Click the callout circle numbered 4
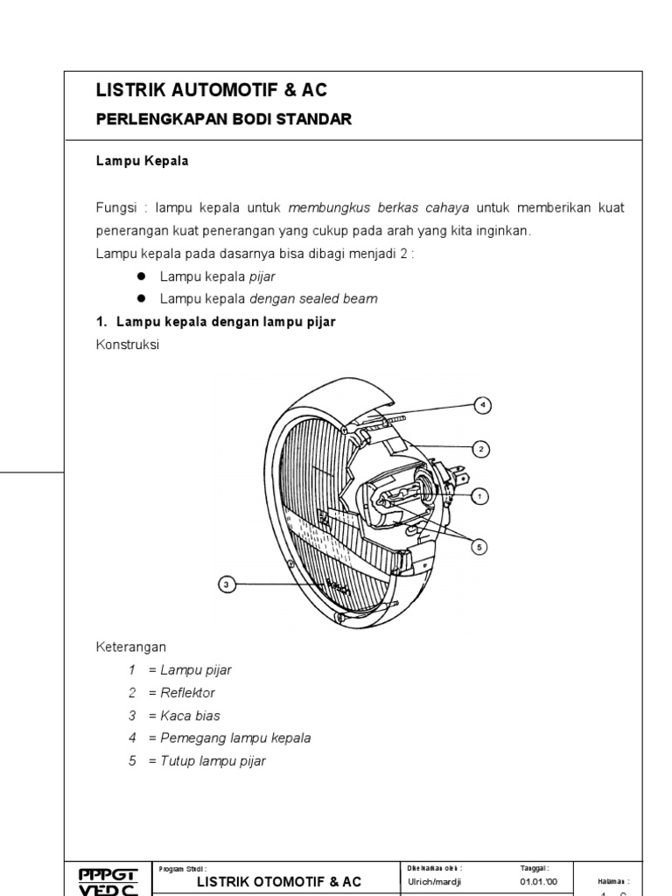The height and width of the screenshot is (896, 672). coord(481,405)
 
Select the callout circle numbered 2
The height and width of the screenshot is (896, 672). coord(480,449)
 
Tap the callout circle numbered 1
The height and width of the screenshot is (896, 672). coord(479,496)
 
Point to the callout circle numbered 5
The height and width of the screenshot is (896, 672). coord(479,546)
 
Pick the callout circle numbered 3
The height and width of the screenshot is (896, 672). coord(226,584)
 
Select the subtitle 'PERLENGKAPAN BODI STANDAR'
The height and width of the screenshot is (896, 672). coord(223,120)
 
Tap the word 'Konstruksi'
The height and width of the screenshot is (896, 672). coord(128,345)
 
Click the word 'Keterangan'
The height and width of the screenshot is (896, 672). coord(130,647)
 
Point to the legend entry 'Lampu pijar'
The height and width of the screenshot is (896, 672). coord(195,670)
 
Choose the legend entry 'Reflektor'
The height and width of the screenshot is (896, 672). coord(187,693)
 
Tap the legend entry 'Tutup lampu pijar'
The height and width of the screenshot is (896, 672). coord(213,761)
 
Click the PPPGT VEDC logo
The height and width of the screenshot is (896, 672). coord(108,879)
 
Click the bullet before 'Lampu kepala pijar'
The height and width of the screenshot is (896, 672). coord(140,276)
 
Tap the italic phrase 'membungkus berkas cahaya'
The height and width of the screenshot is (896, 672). coord(379,208)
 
